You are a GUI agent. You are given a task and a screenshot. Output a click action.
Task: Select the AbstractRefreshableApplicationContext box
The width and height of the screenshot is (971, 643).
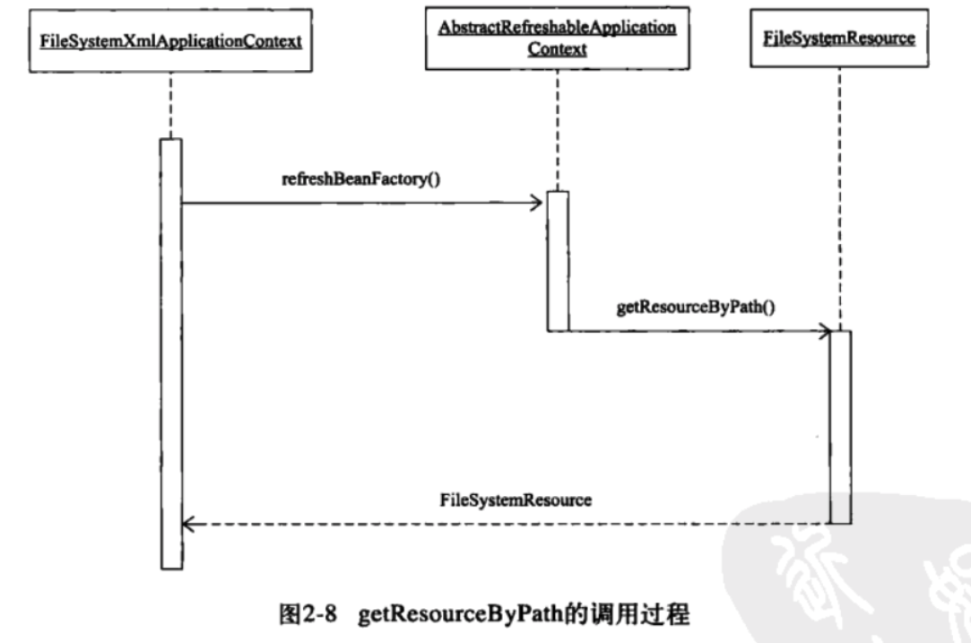pyautogui.click(x=557, y=38)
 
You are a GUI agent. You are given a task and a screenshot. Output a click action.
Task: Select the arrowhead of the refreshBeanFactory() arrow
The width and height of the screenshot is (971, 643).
pyautogui.click(x=536, y=204)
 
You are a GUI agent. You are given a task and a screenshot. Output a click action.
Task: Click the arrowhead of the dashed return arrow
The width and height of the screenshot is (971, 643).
pyautogui.click(x=189, y=524)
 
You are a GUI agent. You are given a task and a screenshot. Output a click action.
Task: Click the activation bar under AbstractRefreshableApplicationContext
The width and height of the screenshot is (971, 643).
pyautogui.click(x=557, y=260)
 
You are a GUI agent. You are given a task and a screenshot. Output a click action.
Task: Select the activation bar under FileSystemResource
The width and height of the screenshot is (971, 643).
pyautogui.click(x=839, y=426)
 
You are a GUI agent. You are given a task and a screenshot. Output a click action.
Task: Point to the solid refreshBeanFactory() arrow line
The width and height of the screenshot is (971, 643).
pyautogui.click(x=359, y=204)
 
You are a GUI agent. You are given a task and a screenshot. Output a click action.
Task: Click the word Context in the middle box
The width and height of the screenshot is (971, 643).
pyautogui.click(x=557, y=49)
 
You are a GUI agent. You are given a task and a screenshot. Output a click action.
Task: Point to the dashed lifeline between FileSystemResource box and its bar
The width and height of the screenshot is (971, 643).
pyautogui.click(x=840, y=197)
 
